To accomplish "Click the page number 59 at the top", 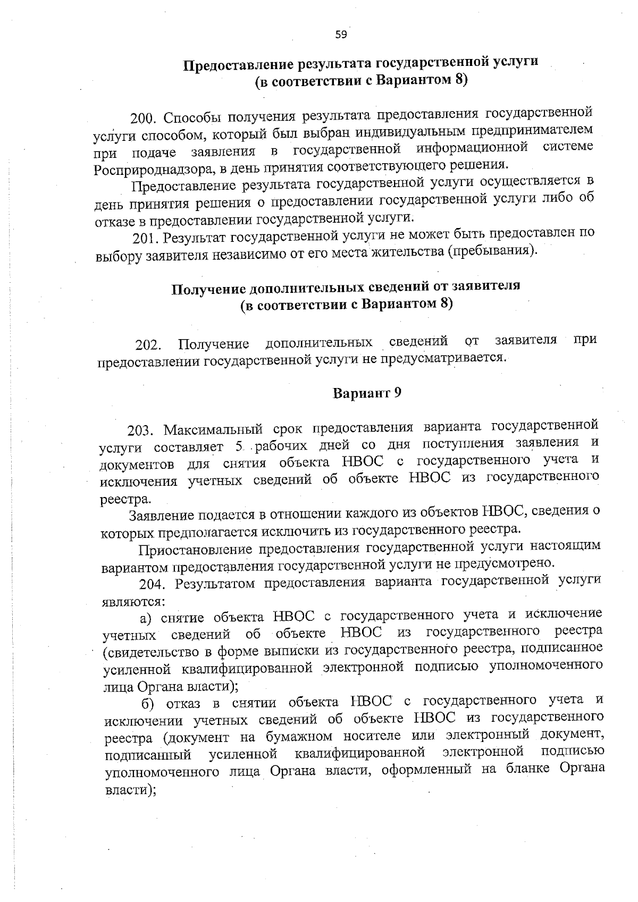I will (x=341, y=35).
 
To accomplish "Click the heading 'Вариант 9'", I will (x=366, y=393).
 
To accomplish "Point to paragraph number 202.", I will (x=147, y=345).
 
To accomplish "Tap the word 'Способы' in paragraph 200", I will (x=187, y=116).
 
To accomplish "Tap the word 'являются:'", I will (x=133, y=602).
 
